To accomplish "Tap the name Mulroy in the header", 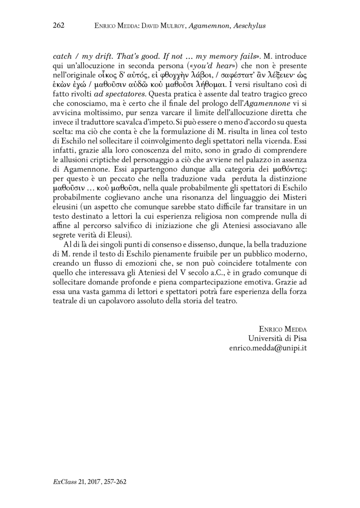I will pos(165,26).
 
